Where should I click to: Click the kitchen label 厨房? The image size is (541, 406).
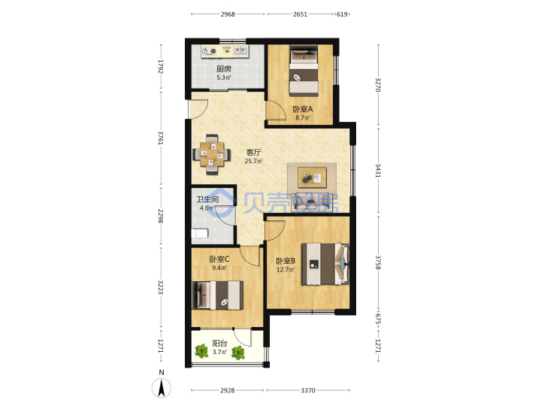[224, 69]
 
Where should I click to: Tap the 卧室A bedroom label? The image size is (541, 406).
[303, 109]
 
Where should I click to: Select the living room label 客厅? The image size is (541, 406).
[254, 152]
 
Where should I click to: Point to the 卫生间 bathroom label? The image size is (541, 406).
[207, 199]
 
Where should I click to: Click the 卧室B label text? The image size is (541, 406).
[286, 261]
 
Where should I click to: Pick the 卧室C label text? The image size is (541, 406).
[219, 259]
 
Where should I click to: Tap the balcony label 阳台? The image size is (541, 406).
[219, 343]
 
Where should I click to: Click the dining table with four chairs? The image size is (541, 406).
[212, 154]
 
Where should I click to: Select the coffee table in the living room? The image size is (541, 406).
[313, 177]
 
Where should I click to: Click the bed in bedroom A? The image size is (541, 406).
[304, 71]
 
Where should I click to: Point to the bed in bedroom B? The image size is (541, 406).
[325, 265]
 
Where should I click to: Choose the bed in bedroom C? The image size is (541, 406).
[217, 295]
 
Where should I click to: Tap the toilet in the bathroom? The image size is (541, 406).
[200, 234]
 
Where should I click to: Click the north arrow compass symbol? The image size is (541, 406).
[161, 387]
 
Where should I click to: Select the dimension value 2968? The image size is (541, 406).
[228, 14]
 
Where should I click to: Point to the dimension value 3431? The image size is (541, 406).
[378, 171]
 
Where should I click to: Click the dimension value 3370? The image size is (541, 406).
[308, 390]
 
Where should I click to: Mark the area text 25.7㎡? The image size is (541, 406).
[254, 161]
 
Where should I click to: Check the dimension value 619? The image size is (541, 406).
[342, 14]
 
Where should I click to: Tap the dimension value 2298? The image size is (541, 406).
[161, 216]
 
